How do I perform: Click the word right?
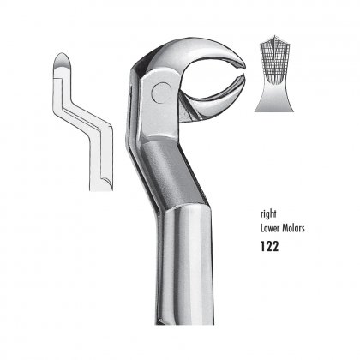tap(268, 214)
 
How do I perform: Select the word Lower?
tap(270, 228)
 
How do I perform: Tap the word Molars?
tap(294, 228)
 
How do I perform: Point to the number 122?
tap(269, 246)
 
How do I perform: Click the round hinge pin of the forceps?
tap(161, 93)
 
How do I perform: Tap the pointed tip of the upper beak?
tap(244, 67)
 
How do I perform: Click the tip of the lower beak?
tap(243, 75)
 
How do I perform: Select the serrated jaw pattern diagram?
tap(274, 74)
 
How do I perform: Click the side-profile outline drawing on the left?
tap(83, 122)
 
